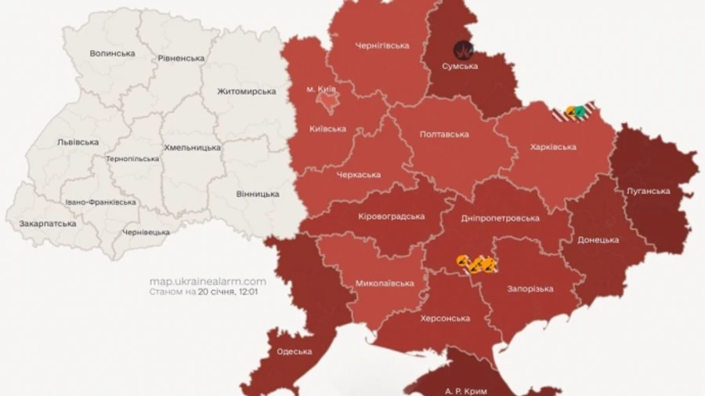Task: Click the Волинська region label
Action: (112, 53)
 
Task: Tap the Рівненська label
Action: (181, 58)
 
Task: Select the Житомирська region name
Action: (247, 92)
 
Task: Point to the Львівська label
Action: (78, 142)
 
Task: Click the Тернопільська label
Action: (132, 158)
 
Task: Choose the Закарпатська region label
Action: (48, 223)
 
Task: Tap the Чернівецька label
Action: (146, 232)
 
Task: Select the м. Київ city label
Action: (321, 90)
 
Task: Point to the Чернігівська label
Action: (382, 45)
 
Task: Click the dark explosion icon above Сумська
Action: (465, 49)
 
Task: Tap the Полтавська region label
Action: (444, 134)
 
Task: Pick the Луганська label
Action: (649, 191)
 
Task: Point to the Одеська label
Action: (295, 351)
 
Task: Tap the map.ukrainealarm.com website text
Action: (208, 281)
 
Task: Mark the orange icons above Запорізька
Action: (477, 264)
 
